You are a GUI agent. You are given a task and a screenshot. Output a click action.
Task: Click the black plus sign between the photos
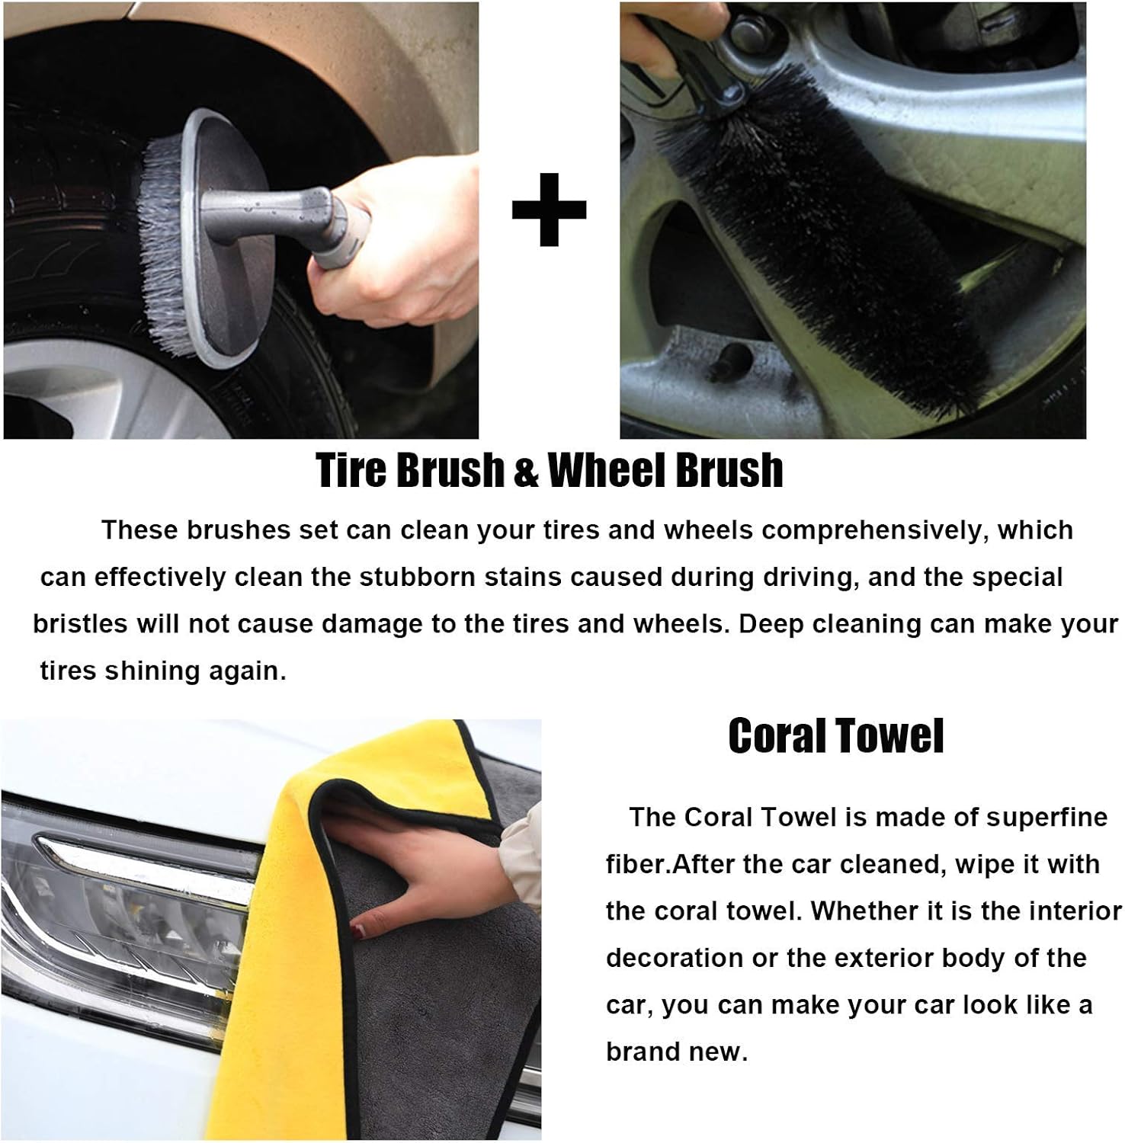click(x=549, y=210)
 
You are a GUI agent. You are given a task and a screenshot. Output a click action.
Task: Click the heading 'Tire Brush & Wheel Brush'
click(x=549, y=470)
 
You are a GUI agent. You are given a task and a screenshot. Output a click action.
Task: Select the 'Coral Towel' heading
click(x=835, y=736)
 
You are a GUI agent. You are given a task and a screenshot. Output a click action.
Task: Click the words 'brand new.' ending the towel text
click(x=677, y=1052)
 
